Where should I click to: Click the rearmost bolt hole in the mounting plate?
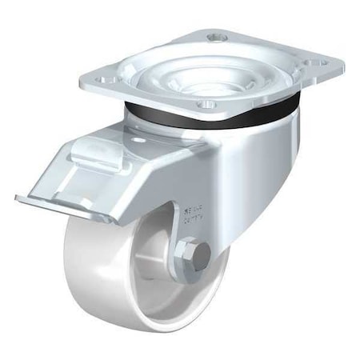click(x=214, y=36)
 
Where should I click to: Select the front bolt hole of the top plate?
click(x=208, y=104)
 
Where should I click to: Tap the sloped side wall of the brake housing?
click(x=144, y=184)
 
